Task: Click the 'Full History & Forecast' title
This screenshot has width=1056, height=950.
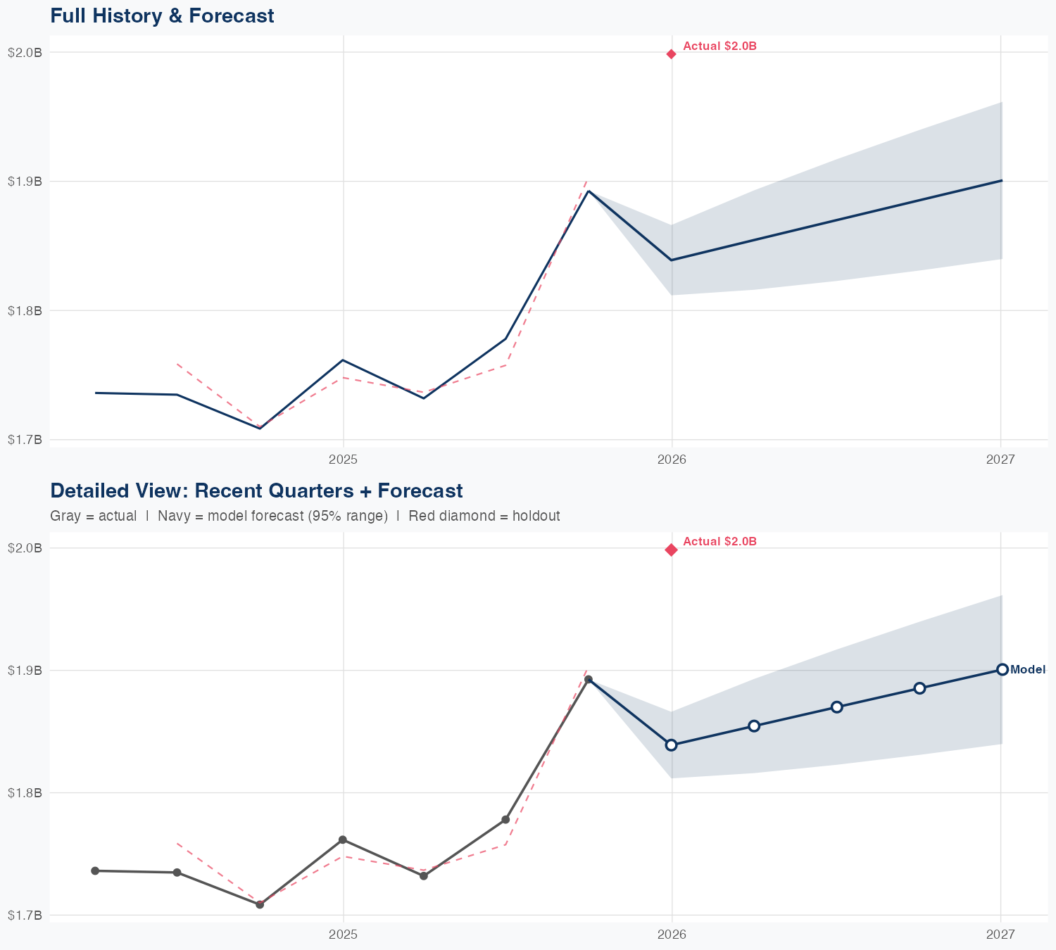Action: (162, 15)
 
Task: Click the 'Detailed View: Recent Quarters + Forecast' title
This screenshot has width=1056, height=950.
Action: (256, 490)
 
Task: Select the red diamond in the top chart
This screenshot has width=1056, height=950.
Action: (672, 54)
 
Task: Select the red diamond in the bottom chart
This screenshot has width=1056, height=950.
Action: (672, 550)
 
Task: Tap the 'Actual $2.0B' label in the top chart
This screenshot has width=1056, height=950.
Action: (719, 46)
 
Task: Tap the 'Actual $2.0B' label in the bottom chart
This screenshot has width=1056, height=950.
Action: (719, 542)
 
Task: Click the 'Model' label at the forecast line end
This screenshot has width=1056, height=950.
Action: (1028, 670)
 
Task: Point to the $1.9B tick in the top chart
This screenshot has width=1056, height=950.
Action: (25, 182)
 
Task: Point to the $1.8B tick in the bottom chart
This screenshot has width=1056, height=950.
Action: (25, 793)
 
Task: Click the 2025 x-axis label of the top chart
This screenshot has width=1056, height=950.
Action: (344, 460)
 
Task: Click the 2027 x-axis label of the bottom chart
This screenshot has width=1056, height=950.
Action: (1000, 934)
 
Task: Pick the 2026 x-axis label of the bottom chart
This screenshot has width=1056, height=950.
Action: (672, 934)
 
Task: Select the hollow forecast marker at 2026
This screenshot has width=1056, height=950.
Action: (672, 745)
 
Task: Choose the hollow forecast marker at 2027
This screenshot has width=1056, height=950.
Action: (1002, 669)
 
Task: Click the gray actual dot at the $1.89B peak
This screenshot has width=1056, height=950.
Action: (589, 680)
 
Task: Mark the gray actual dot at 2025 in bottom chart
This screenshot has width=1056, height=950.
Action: (343, 840)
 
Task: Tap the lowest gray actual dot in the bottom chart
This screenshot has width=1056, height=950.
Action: (260, 904)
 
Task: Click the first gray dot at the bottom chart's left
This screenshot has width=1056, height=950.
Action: (95, 871)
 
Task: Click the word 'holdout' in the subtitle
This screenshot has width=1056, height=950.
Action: (536, 516)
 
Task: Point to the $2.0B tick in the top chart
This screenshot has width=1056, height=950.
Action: (25, 52)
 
